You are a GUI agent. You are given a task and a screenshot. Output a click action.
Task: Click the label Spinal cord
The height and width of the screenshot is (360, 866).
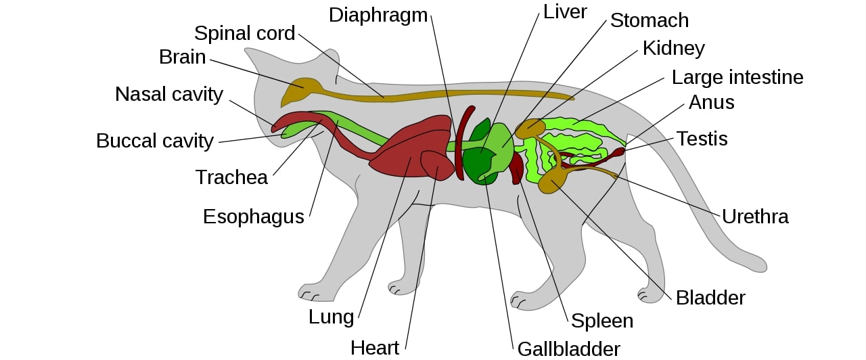click(244, 33)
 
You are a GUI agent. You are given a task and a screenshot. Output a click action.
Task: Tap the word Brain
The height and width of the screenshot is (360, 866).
click(182, 57)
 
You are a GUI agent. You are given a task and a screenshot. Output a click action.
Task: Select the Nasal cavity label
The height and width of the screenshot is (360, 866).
click(168, 94)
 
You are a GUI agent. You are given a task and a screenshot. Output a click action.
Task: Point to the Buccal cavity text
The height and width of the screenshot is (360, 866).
click(154, 141)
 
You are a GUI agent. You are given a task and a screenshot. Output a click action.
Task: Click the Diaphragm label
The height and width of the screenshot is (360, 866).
click(378, 15)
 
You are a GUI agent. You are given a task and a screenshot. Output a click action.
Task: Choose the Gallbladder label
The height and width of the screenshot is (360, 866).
click(568, 348)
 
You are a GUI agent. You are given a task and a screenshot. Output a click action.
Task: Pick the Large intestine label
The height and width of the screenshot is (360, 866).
click(737, 77)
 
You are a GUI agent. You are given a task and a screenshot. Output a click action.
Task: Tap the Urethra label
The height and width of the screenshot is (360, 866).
click(755, 217)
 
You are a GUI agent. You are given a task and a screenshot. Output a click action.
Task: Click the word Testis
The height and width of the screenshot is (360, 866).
click(702, 139)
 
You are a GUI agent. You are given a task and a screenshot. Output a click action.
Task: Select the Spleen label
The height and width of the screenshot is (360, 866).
click(602, 320)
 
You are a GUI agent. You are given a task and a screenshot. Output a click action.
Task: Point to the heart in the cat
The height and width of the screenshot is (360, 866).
click(436, 164)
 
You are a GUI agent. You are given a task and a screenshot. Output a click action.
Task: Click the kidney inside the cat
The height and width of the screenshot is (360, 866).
click(530, 127)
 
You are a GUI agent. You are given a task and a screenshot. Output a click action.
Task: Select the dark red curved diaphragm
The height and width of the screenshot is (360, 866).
click(461, 142)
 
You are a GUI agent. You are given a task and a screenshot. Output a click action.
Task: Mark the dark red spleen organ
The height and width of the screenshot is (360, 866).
click(516, 168)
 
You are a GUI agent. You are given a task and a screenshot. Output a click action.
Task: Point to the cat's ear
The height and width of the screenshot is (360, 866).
click(329, 61)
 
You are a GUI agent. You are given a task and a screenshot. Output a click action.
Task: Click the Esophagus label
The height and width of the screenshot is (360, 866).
click(254, 217)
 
